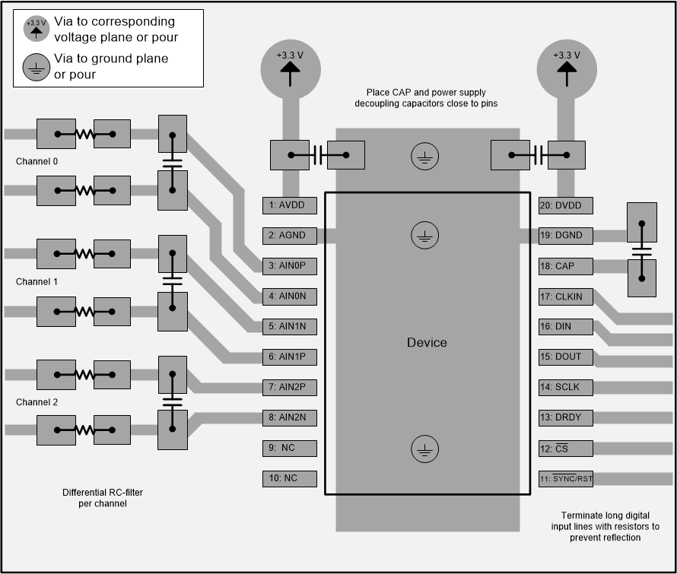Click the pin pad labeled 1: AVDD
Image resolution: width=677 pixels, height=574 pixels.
(288, 205)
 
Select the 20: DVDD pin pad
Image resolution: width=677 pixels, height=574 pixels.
(564, 205)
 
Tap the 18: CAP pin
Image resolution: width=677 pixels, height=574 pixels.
(564, 266)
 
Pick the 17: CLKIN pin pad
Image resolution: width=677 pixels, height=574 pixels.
(564, 297)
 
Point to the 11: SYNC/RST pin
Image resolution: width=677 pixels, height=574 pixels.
(564, 478)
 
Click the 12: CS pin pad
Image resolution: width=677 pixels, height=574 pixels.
(564, 448)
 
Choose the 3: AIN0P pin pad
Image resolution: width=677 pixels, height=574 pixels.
(288, 266)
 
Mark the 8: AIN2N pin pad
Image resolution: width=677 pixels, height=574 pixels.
(288, 417)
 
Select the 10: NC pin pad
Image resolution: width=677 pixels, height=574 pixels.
(288, 478)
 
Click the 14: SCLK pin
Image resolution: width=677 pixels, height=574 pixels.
(564, 387)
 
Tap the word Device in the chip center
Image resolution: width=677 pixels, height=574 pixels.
(427, 343)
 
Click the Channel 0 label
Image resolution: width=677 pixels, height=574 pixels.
(37, 162)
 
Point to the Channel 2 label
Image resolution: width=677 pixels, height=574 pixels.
(37, 402)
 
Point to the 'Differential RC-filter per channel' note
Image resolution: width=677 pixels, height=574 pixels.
(103, 498)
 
